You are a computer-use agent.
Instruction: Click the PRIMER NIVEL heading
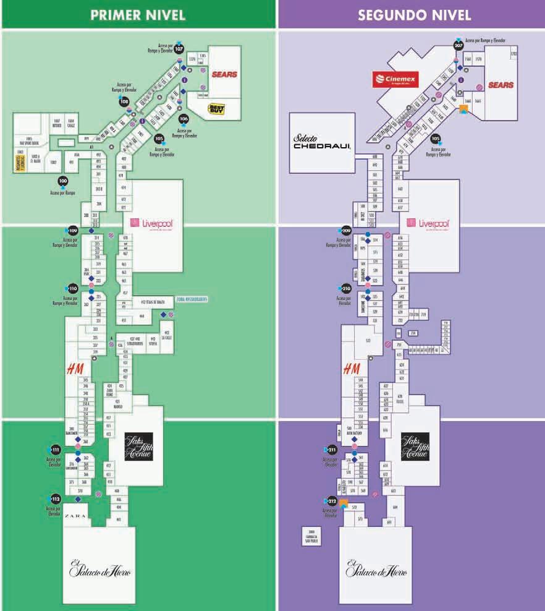coord(138,15)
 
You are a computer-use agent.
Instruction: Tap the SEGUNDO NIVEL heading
coord(411,15)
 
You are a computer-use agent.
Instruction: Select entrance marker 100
coord(62,181)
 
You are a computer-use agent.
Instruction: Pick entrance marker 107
coord(179,48)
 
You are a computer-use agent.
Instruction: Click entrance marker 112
coord(56,498)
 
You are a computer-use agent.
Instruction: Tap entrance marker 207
coord(458,45)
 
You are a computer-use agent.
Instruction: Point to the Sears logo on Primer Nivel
coord(224,74)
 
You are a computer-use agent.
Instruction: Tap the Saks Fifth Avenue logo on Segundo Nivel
coord(414,446)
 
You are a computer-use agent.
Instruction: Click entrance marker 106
coord(184,118)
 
